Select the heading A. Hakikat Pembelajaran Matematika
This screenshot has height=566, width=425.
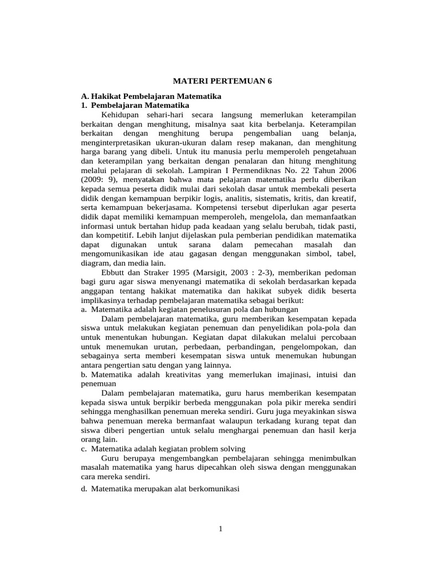pyautogui.click(x=151, y=96)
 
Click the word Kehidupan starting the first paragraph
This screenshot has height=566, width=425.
pyautogui.click(x=120, y=114)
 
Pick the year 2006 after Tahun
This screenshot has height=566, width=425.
pyautogui.click(x=346, y=171)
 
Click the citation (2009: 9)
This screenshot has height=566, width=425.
pyautogui.click(x=99, y=181)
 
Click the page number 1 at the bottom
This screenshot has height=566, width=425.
pyautogui.click(x=220, y=530)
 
